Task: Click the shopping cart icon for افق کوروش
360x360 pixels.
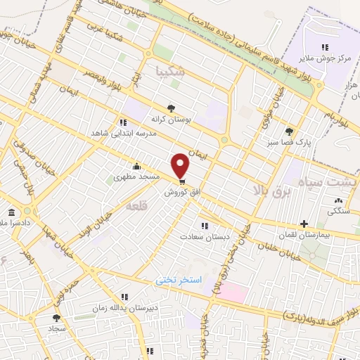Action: pos(182,181)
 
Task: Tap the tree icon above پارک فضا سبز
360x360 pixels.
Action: pos(288,131)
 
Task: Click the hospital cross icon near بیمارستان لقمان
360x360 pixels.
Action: pos(303,223)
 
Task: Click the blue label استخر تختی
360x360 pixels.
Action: pos(179,280)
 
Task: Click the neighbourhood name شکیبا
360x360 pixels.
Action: pos(173,72)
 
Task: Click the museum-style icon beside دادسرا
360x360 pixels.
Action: pos(11,213)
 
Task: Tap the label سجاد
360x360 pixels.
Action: pos(57,328)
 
